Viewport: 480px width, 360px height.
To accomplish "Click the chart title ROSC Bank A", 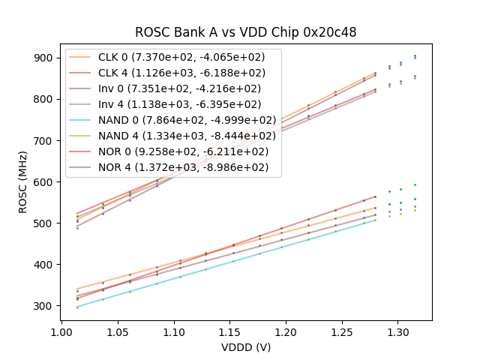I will coord(245,32).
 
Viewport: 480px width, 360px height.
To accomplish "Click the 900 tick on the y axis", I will coord(43,58).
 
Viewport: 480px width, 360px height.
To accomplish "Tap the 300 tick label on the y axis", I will coord(43,306).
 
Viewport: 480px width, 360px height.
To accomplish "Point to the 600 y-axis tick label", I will coord(43,182).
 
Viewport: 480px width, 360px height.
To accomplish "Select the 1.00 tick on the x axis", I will coord(61,331).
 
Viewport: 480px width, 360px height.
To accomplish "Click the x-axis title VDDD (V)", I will coord(245,347).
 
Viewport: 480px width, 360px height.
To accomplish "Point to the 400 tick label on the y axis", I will coord(43,265).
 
